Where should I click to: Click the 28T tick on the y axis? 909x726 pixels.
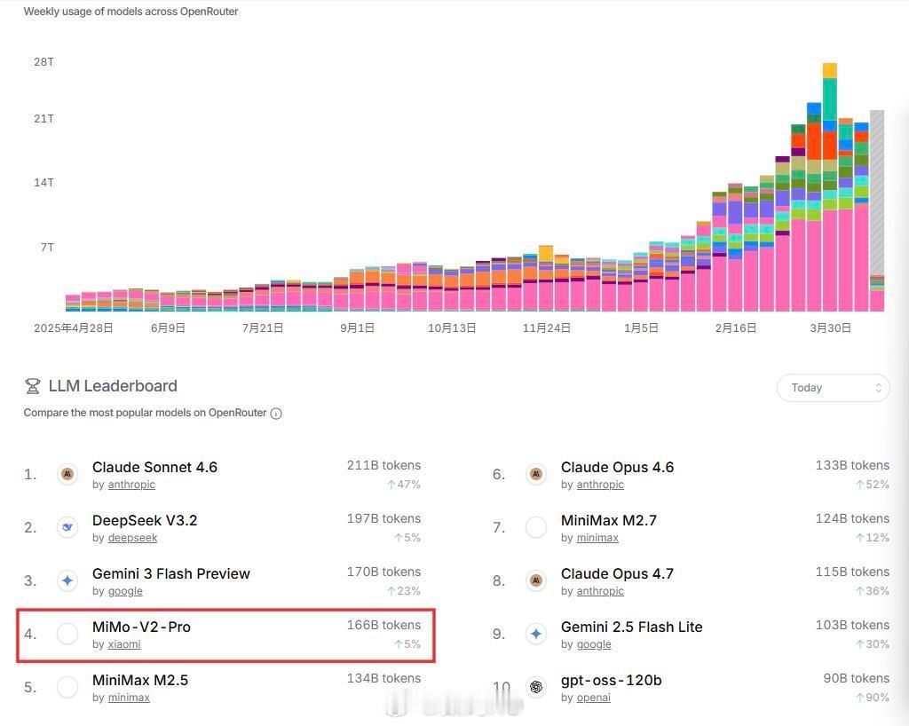(x=43, y=62)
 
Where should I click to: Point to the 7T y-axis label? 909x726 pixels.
(x=47, y=247)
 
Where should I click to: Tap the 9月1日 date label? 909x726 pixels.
(x=357, y=327)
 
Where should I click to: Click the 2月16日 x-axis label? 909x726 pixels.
(x=736, y=327)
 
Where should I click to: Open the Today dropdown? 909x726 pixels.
(x=833, y=388)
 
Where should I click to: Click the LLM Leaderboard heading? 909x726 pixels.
(x=113, y=386)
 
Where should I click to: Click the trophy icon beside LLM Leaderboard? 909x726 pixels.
(x=33, y=386)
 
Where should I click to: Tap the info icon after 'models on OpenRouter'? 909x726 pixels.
(x=276, y=414)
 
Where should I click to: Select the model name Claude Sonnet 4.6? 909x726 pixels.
(x=154, y=467)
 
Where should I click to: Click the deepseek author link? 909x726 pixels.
(x=132, y=538)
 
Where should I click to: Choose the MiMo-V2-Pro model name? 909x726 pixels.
(x=141, y=627)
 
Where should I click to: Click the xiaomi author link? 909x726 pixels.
(x=124, y=644)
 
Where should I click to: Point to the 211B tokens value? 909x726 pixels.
(x=383, y=465)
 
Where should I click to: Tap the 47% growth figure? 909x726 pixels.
(x=404, y=485)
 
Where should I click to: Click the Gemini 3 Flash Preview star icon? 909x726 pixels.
(x=67, y=580)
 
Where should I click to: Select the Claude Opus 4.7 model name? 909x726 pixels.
(x=617, y=573)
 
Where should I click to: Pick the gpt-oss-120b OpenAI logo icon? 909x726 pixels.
(x=536, y=687)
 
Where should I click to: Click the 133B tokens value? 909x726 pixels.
(x=852, y=465)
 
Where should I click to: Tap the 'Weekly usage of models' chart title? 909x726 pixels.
(x=130, y=12)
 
